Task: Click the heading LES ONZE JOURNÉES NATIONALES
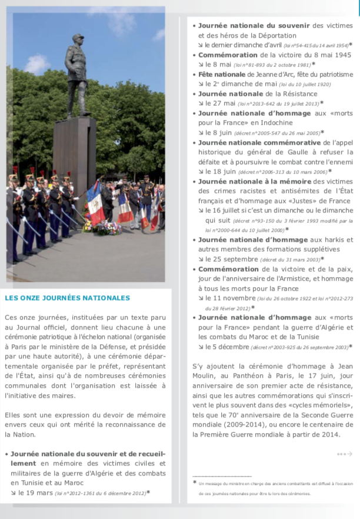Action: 67,298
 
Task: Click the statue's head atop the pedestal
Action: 78,41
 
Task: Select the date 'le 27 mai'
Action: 218,103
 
